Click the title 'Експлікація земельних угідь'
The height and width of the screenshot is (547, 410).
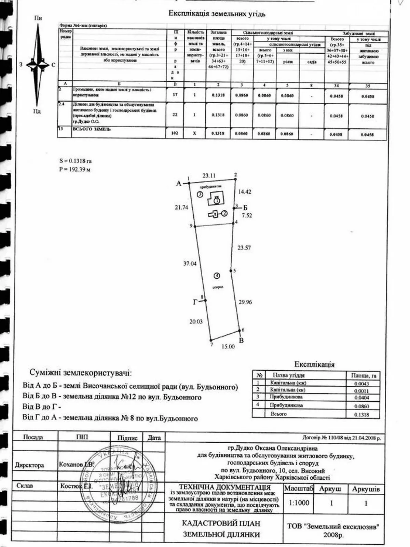(217, 14)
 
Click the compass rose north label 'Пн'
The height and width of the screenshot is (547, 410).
(38, 18)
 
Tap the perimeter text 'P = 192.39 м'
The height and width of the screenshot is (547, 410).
(74, 169)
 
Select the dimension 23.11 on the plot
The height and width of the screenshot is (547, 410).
(209, 176)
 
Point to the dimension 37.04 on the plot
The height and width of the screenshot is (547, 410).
(190, 264)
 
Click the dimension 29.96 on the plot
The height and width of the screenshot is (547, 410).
(245, 302)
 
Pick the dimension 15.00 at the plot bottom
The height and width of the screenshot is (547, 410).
(228, 346)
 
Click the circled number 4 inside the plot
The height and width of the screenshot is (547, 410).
(216, 276)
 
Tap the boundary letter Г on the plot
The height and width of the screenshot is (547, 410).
(195, 302)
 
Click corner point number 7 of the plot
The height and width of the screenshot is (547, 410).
(211, 344)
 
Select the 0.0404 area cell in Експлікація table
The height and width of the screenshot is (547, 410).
(362, 398)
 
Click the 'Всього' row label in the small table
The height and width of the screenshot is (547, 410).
(278, 414)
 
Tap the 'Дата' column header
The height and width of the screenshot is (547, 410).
(154, 438)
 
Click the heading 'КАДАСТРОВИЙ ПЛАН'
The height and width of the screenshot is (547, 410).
(221, 523)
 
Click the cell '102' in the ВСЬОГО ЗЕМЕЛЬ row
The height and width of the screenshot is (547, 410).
(175, 134)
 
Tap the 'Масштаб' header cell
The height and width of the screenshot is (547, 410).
(299, 489)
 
